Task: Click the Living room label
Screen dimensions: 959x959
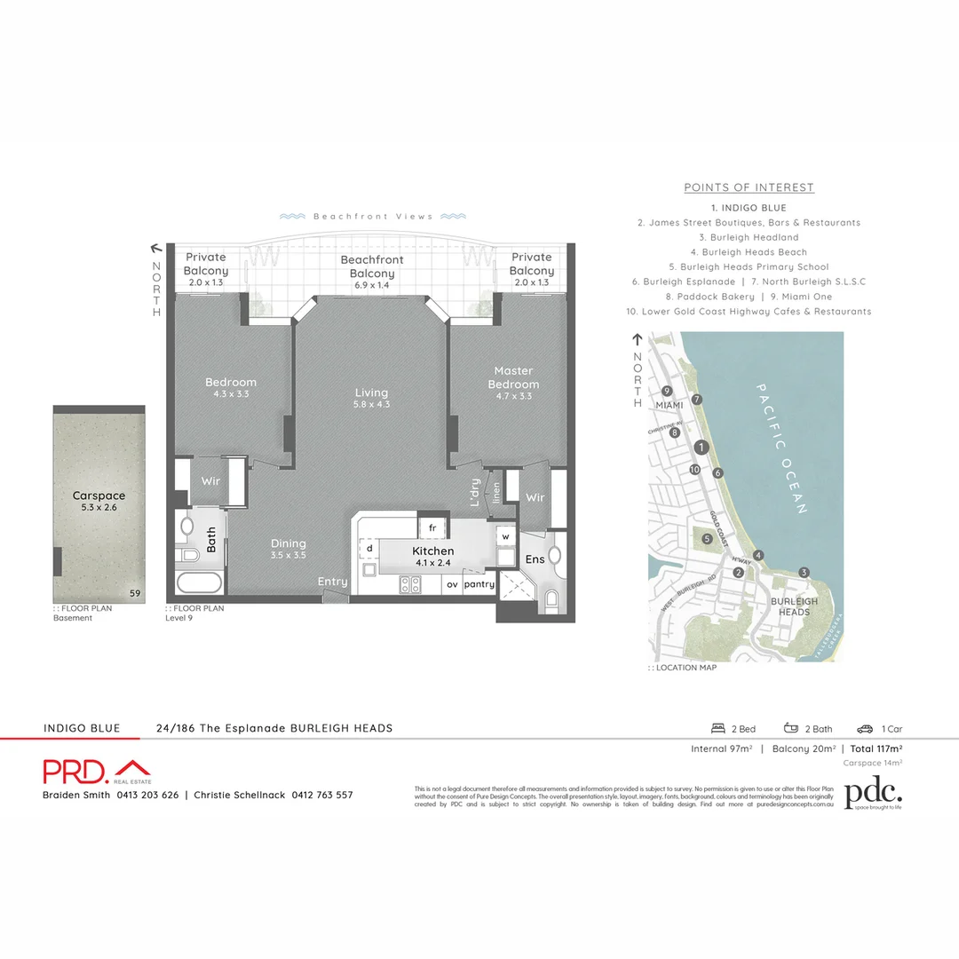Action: click(371, 392)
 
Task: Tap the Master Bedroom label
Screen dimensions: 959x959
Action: click(513, 377)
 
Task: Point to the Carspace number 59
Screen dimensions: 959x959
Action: click(134, 593)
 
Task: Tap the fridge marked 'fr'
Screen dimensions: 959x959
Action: click(432, 527)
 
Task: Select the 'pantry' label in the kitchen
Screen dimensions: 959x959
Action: click(479, 584)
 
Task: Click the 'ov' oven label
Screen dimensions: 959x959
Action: click(452, 584)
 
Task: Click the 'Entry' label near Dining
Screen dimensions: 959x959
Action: click(333, 582)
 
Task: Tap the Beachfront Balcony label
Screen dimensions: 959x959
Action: click(372, 266)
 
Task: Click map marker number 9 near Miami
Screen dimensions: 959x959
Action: click(666, 392)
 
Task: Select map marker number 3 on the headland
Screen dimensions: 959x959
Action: click(804, 572)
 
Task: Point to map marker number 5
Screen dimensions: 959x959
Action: click(707, 538)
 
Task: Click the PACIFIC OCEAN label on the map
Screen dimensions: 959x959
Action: click(781, 448)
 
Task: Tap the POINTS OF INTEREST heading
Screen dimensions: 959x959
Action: click(749, 187)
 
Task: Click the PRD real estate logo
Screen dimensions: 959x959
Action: click(96, 770)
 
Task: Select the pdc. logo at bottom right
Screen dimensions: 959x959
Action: click(873, 795)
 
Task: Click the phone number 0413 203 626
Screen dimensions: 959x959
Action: click(147, 795)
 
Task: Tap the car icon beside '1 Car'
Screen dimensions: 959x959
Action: click(865, 729)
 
